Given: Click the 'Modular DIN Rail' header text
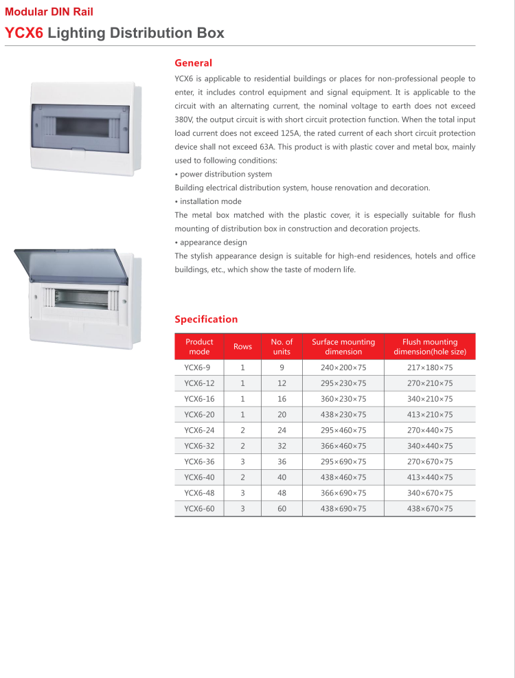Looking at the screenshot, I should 49,12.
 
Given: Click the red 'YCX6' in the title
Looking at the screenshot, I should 24,33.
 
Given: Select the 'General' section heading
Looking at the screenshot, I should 193,63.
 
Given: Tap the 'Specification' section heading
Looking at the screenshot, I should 206,319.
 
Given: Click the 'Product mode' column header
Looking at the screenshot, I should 199,346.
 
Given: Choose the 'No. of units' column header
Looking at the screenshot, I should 282,346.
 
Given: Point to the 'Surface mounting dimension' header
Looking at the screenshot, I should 343,346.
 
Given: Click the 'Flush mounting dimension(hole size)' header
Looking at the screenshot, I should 430,346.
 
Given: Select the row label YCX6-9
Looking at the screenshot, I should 197,368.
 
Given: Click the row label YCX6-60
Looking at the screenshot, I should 199,509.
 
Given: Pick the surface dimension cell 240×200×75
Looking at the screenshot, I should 343,368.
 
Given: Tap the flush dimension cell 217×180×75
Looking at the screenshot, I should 430,368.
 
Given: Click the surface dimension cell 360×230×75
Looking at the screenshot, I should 343,399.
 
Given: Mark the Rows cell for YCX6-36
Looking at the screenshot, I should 242,462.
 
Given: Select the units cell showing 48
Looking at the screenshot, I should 282,493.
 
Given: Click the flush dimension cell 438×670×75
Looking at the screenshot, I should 430,509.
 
